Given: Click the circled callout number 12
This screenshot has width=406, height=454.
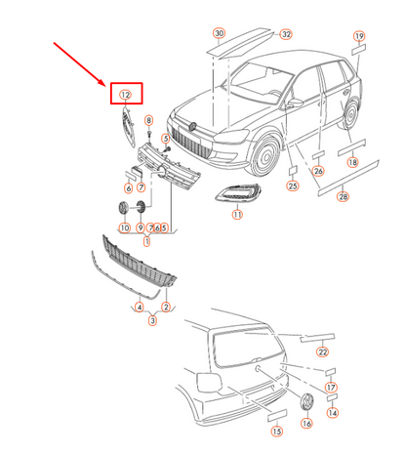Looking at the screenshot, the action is (x=125, y=95).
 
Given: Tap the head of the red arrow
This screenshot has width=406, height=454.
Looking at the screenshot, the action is (x=105, y=86).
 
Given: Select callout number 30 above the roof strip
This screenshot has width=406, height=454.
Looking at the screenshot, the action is (x=219, y=33).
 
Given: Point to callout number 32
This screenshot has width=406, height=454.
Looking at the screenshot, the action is (x=286, y=34).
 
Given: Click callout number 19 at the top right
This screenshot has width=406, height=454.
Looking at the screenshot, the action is (x=359, y=36).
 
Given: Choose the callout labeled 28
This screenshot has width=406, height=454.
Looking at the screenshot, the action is (x=343, y=196).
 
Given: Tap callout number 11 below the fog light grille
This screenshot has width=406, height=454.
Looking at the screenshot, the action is (x=237, y=215).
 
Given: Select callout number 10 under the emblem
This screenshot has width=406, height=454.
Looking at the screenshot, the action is (x=125, y=227).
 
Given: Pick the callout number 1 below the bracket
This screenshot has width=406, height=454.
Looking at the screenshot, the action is (x=146, y=241).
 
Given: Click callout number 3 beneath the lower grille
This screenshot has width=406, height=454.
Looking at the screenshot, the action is (x=152, y=320).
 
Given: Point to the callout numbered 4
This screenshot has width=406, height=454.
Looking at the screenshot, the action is (x=140, y=307).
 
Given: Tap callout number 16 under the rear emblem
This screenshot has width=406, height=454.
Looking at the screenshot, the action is (x=306, y=424).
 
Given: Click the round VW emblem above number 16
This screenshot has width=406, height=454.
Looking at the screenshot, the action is (x=306, y=402).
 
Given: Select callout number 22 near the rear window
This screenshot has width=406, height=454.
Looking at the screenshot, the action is (x=322, y=351).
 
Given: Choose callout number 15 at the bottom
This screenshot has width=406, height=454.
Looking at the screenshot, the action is (x=276, y=432).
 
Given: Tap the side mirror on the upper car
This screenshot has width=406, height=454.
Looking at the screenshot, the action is (x=294, y=103).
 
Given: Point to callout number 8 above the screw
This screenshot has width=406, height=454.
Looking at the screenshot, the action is (x=148, y=120).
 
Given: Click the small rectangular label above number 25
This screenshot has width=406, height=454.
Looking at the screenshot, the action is (x=293, y=171).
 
